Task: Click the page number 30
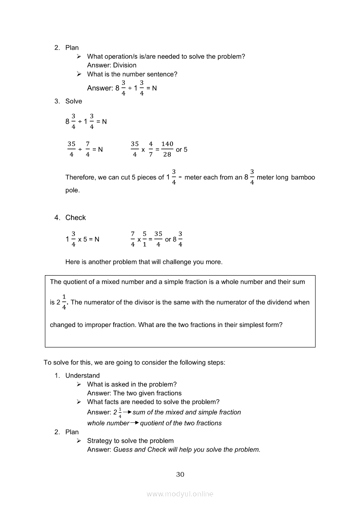coord(180,474)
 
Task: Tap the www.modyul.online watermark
coord(180,494)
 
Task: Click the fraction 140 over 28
coord(167,149)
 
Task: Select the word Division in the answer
coord(125,65)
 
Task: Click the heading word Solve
coord(74,101)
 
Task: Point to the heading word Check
coord(75,218)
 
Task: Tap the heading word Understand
coord(82,375)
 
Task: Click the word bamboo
coord(303,177)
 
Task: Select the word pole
coord(72,190)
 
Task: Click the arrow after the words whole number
coord(135,423)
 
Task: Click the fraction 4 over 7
coord(151,149)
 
